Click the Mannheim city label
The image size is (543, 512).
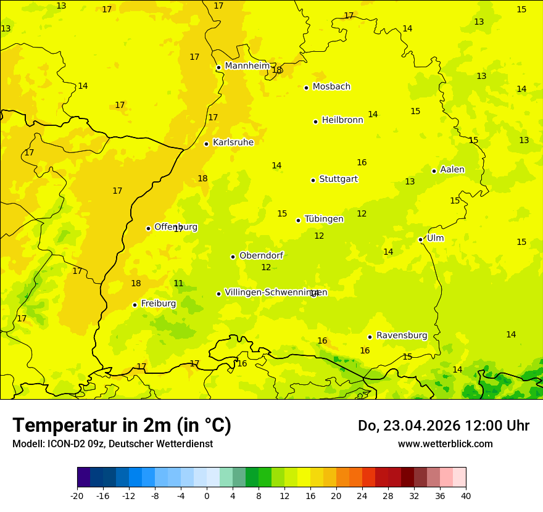(x=247, y=66)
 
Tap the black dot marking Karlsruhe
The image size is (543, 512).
(x=207, y=144)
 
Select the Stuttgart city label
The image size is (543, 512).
(x=338, y=180)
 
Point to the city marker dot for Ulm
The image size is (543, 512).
(x=421, y=239)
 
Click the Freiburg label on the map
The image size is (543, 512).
(x=158, y=303)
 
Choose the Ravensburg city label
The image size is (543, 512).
(x=402, y=336)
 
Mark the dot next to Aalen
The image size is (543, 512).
(x=434, y=171)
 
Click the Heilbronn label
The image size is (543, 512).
(x=342, y=120)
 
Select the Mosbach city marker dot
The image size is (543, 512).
(x=306, y=88)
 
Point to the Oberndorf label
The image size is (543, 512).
(x=261, y=256)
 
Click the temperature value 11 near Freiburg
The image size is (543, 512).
(x=178, y=284)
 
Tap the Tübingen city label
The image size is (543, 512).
(x=324, y=219)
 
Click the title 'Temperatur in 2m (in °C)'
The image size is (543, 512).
(x=122, y=425)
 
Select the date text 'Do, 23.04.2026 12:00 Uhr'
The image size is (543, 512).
(x=443, y=426)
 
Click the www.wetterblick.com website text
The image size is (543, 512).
(x=445, y=444)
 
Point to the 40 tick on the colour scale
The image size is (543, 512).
(x=465, y=496)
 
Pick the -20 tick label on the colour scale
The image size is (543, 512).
(x=77, y=496)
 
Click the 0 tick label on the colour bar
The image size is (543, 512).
(x=207, y=496)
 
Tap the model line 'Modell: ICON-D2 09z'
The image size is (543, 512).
(x=112, y=444)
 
